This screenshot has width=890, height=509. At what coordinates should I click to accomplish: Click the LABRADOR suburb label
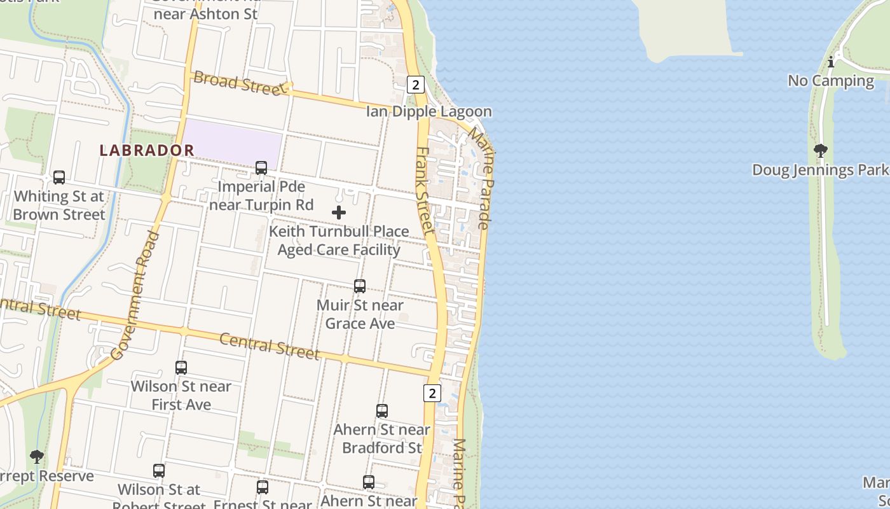coord(147,150)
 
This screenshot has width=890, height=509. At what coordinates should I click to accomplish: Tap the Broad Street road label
coord(240,83)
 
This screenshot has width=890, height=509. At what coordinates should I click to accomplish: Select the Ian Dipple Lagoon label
coord(428,111)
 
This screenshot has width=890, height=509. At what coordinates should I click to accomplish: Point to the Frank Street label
coord(425,190)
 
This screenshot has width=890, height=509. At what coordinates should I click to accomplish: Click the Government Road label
coord(135,295)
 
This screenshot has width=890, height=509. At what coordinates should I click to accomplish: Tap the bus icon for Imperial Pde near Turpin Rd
coord(261,168)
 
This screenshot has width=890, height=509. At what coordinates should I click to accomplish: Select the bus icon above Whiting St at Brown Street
coord(59,178)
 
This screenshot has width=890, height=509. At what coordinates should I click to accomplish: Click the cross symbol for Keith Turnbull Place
coord(339,213)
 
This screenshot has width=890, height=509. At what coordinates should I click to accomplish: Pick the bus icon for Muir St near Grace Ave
coord(360,286)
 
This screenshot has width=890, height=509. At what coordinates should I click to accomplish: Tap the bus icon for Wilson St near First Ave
coord(181,368)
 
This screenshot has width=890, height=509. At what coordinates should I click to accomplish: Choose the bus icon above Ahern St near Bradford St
coord(381,411)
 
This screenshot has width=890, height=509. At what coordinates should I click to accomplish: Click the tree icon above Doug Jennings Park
coord(820,151)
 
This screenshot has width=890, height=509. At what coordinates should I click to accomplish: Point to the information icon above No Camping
coord(831,62)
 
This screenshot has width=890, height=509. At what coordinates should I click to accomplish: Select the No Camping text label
coord(831,81)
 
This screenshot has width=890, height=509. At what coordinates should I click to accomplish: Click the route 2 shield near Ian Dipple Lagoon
coord(416,84)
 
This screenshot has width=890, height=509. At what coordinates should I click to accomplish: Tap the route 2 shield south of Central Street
coord(432,393)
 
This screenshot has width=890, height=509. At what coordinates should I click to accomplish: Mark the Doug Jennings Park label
coord(820,170)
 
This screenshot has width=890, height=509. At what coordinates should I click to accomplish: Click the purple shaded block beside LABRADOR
coord(233,142)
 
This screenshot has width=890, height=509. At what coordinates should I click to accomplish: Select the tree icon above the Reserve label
coord(37,456)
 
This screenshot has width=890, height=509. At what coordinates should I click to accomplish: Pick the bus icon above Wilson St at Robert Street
coord(159,471)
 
